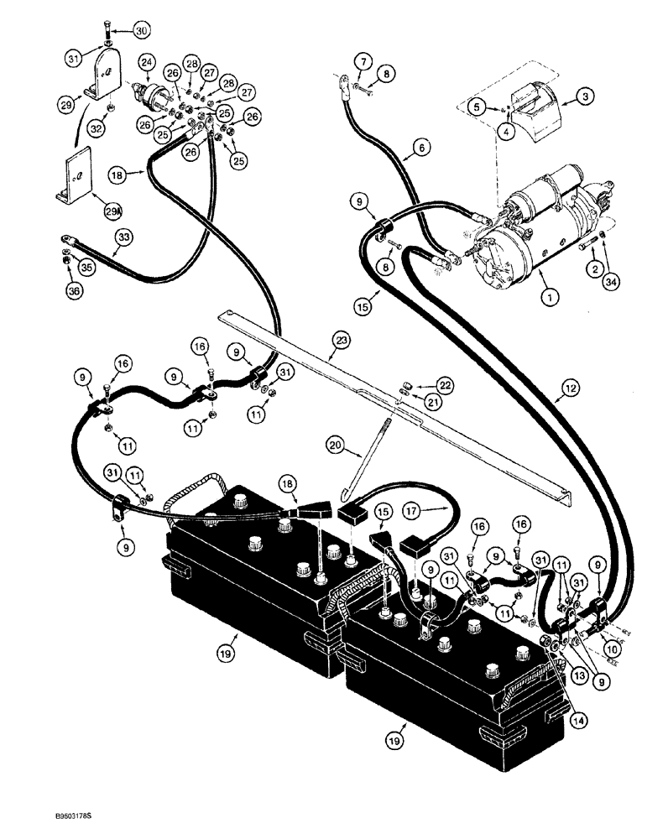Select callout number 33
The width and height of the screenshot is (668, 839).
124,237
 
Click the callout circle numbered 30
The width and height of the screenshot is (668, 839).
140,31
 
